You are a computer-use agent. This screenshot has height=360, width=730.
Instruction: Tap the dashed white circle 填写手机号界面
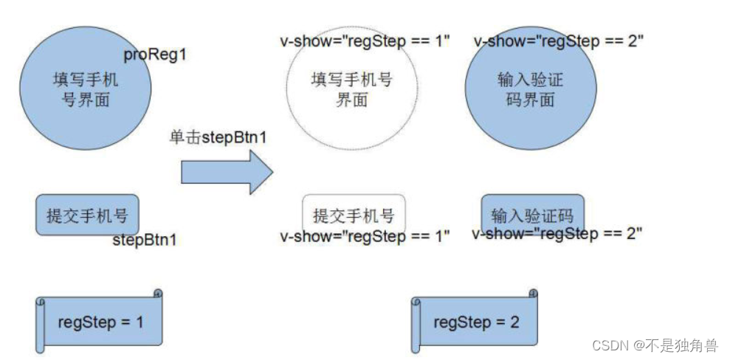[x=351, y=89]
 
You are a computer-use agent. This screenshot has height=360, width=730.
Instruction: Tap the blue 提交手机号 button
[x=87, y=215]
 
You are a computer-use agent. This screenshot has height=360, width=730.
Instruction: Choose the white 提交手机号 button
[x=354, y=215]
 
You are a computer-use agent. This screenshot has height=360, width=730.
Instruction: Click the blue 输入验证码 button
[x=532, y=215]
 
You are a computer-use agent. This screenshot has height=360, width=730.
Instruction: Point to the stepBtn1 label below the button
[x=145, y=240]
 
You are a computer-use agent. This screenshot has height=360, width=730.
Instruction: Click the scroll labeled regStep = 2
[x=475, y=322]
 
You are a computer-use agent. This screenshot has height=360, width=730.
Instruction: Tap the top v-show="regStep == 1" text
[x=365, y=41]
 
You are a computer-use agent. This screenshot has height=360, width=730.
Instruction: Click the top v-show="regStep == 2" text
[x=558, y=41]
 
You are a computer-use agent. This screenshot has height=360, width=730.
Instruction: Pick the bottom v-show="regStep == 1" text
[x=365, y=237]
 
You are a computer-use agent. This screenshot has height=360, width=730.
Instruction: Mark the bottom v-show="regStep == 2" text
[x=557, y=235]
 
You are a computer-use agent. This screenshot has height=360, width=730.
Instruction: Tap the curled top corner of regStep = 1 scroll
[x=157, y=293]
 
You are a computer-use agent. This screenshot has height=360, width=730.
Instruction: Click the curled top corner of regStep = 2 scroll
[x=533, y=293]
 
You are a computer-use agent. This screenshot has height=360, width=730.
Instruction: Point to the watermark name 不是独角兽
[x=686, y=345]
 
